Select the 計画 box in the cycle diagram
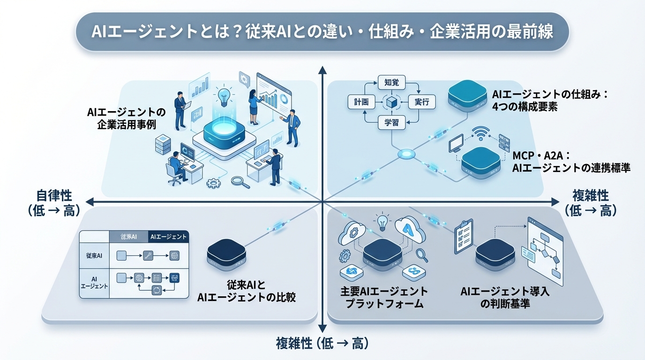(361, 102)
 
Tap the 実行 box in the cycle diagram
(422, 102)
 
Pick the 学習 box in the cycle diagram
(391, 122)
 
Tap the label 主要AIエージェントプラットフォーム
(384, 298)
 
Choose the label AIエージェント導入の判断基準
(505, 298)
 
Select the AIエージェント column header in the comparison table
(168, 237)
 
